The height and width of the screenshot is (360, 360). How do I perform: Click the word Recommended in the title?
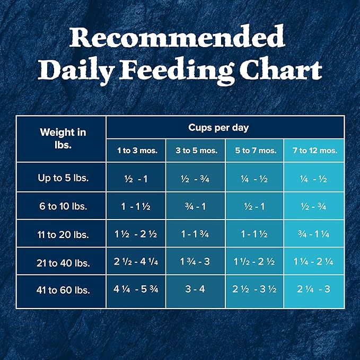coord(177,38)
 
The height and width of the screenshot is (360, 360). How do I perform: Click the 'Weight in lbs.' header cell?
coord(63,138)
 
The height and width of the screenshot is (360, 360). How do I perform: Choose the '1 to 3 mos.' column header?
coord(137,151)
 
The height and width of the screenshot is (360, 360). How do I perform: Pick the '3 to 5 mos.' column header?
coord(196,151)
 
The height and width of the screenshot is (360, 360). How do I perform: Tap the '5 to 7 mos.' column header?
coord(256,151)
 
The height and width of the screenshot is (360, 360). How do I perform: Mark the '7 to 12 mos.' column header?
coord(314,151)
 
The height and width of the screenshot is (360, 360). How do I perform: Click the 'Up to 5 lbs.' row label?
coord(63,178)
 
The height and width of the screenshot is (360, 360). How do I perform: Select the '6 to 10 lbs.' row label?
coord(63,206)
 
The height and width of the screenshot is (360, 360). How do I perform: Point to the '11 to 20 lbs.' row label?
coord(63,234)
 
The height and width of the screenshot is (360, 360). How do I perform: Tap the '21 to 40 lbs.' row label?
coord(63,262)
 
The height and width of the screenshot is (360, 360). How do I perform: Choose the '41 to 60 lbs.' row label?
coord(63,290)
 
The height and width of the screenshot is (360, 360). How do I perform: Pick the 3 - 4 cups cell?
coord(196,290)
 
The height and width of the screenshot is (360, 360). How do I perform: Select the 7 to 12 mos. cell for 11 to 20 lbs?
coord(314,234)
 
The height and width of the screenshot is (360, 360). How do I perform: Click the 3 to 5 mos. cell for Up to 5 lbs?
coord(196,178)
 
